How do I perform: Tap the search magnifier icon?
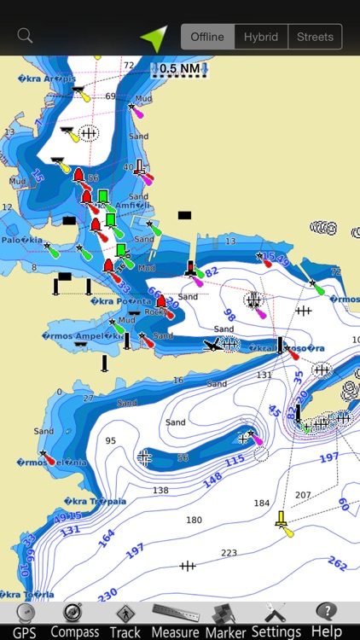tap(25, 36)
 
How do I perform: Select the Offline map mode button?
tap(207, 37)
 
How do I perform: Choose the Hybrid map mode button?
tap(261, 37)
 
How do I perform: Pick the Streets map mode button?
tap(315, 37)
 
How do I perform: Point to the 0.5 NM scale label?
tap(180, 69)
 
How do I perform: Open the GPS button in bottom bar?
tap(24, 620)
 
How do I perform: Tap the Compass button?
tap(74, 620)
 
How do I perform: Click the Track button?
tap(125, 620)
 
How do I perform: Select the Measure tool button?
tap(175, 620)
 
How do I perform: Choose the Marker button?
tap(225, 620)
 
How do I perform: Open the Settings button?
tap(276, 620)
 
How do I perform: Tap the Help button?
tap(326, 620)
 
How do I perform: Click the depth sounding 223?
tap(229, 554)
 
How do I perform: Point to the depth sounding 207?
tap(303, 495)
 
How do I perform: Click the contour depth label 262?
tap(338, 564)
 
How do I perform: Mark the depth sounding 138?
tap(160, 491)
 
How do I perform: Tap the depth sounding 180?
tap(194, 520)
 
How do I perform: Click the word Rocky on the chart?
tap(154, 311)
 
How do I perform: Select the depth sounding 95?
tap(110, 441)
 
